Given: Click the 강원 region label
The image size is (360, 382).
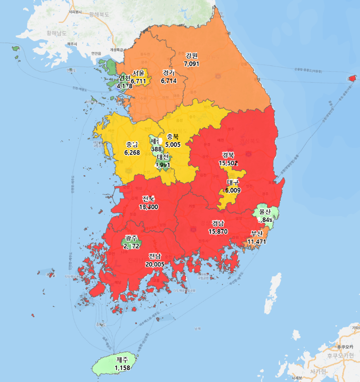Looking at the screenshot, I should (x=191, y=56).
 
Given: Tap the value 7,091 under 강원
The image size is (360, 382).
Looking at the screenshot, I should (x=192, y=63).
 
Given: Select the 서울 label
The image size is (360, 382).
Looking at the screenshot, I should (x=139, y=73).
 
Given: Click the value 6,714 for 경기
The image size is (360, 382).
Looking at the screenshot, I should (x=168, y=81).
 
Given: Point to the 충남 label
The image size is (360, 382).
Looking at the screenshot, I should (x=132, y=145).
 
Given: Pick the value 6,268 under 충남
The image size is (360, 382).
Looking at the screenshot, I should (x=132, y=153).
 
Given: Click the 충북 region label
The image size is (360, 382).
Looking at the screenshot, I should (x=173, y=137).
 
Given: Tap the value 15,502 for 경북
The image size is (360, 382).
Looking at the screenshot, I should (x=228, y=162).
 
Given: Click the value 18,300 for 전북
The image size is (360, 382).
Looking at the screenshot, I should (x=148, y=206).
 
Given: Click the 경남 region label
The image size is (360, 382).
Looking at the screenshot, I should (x=218, y=223).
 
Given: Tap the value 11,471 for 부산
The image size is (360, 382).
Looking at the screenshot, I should (x=257, y=241).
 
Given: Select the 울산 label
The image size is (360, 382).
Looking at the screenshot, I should (x=266, y=212).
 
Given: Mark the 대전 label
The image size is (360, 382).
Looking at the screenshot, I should (x=163, y=157).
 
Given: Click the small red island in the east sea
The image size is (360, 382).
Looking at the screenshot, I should (x=352, y=78).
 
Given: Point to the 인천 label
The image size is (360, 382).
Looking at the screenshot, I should (x=125, y=78).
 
